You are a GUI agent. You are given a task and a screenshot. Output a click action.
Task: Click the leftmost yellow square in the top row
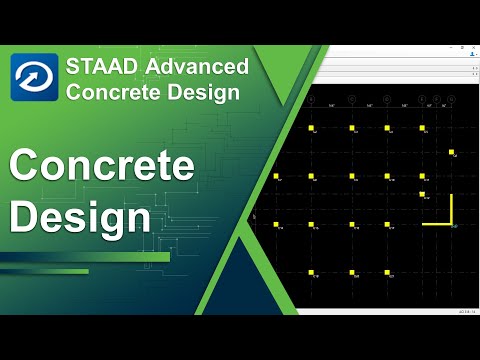click(x=312, y=129)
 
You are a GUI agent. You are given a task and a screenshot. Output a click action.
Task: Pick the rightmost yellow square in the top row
click(x=422, y=129)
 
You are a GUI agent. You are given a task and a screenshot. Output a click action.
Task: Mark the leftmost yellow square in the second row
click(x=276, y=177)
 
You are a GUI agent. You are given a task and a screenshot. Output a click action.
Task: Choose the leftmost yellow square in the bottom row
click(x=312, y=273)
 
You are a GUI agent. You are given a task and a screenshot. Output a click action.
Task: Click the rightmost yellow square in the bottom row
click(x=422, y=273)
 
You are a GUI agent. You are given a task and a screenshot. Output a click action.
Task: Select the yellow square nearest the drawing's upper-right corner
click(x=452, y=153)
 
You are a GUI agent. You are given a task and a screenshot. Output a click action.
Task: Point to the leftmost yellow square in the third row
click(x=276, y=225)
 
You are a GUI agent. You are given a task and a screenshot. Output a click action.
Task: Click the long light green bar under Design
click(x=85, y=257)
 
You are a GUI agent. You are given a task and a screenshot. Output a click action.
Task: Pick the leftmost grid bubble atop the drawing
click(x=312, y=100)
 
